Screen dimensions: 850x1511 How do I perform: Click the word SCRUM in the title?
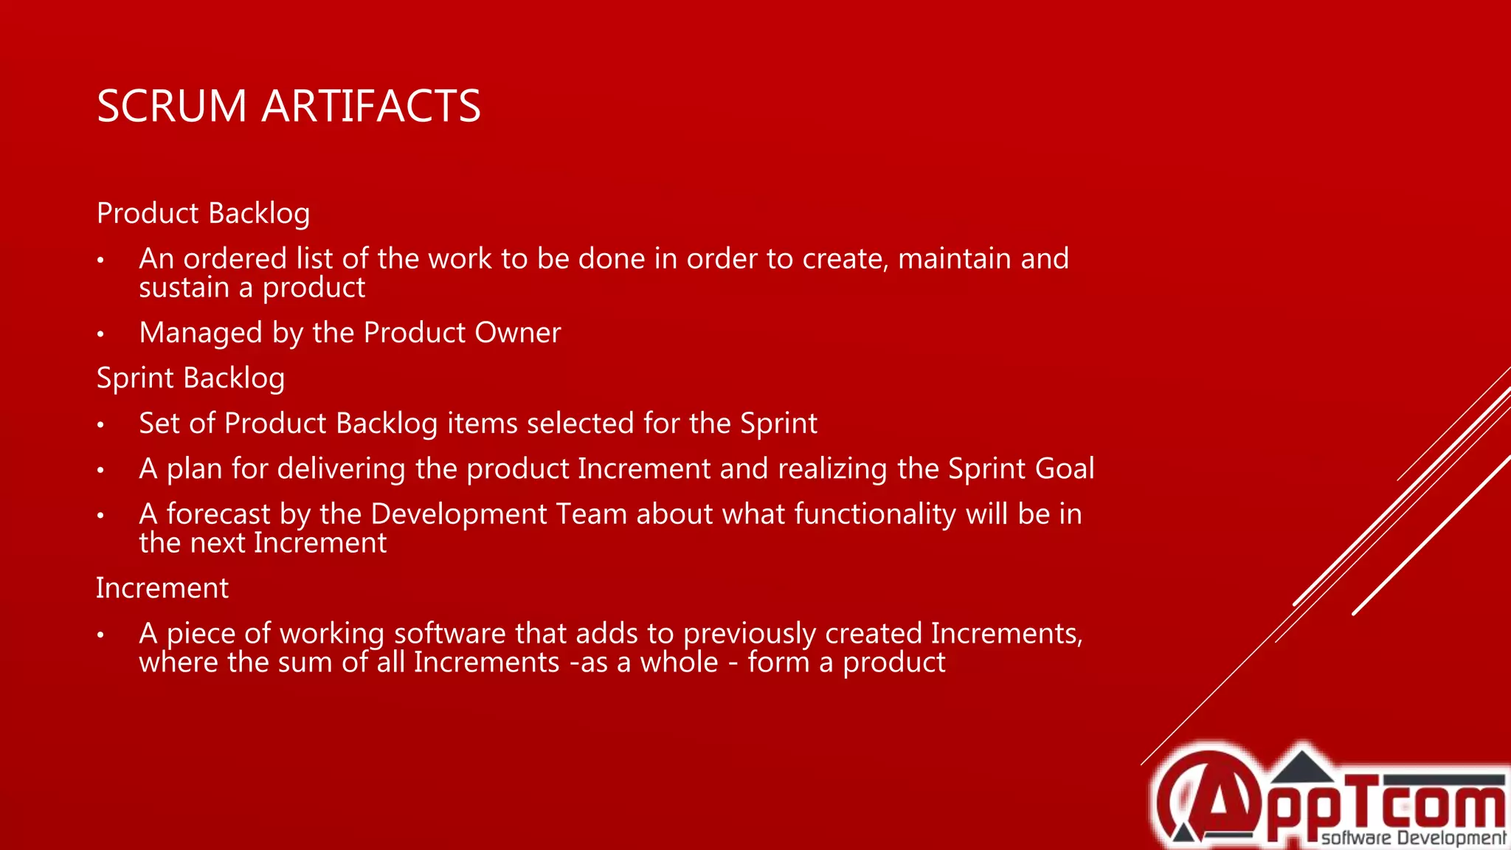click(x=171, y=106)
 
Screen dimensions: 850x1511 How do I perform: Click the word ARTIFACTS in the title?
click(x=371, y=106)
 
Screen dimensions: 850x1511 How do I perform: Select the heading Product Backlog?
click(x=203, y=213)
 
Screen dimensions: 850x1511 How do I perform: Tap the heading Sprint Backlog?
click(x=190, y=378)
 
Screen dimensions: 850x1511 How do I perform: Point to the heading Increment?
click(x=162, y=588)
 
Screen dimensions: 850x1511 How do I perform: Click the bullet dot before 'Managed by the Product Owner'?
click(x=101, y=334)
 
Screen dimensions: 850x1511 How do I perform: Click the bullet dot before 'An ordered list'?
click(x=101, y=260)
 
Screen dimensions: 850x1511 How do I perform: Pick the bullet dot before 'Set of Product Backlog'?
click(x=101, y=425)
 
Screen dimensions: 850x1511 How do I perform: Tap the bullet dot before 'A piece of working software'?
click(x=101, y=635)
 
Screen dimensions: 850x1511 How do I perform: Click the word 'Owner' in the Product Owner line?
click(x=517, y=333)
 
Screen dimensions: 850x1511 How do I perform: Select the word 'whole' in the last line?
click(x=679, y=663)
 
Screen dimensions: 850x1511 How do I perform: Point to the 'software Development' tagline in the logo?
click(x=1413, y=837)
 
